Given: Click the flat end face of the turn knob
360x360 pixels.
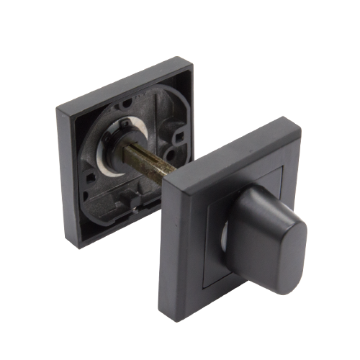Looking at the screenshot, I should click(288, 259).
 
